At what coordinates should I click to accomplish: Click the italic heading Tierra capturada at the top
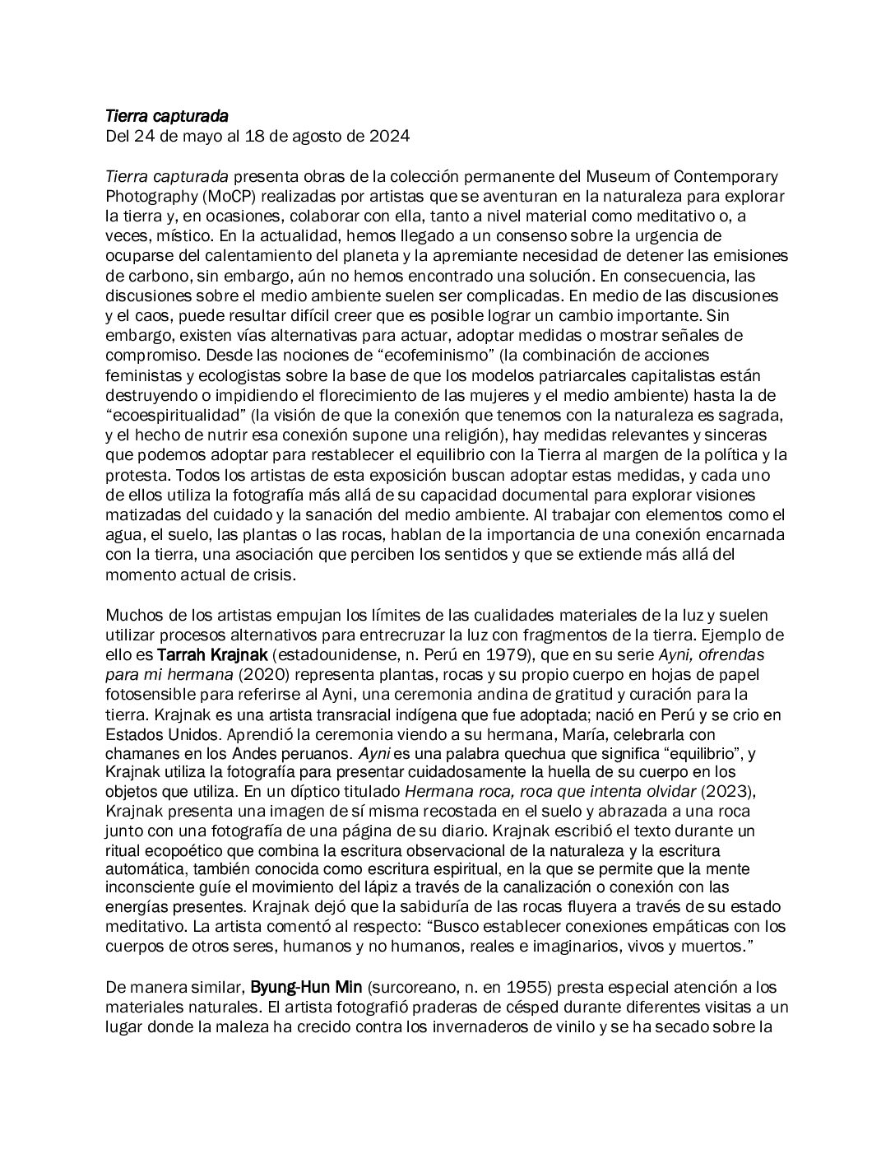[167, 119]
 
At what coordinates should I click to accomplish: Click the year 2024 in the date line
[387, 137]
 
